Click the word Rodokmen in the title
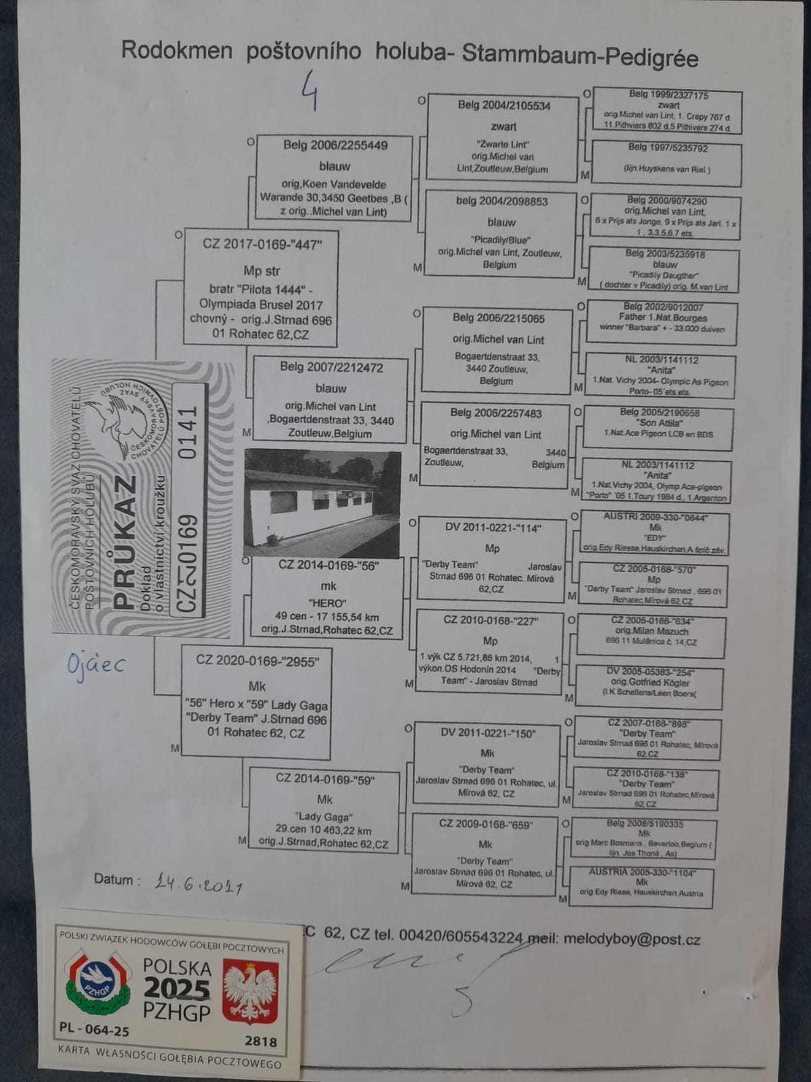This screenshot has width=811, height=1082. tap(176, 51)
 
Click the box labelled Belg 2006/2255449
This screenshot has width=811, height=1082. tap(334, 177)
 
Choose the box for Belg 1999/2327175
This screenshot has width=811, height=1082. tap(668, 111)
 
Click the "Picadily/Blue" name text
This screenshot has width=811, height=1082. tap(500, 239)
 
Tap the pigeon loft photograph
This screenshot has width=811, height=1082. tap(322, 502)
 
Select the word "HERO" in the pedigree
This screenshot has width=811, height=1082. tap(328, 603)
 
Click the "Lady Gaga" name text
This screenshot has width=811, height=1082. tap(324, 816)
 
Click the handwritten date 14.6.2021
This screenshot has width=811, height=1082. tap(198, 883)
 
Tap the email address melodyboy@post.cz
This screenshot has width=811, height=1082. tap(631, 939)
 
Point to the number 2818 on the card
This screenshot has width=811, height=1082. tap(261, 1041)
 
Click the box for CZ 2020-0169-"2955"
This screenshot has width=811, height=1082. tap(256, 701)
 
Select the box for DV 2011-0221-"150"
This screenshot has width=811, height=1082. tap(487, 763)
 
